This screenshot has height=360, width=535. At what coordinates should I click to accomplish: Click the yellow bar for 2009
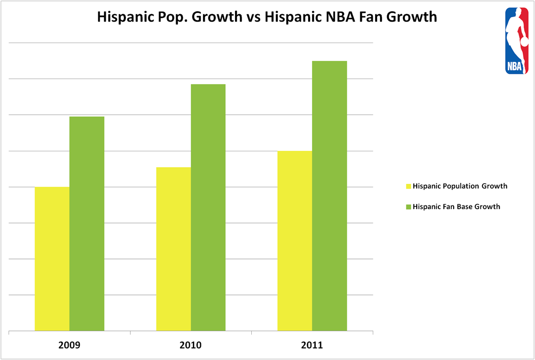tap(52, 259)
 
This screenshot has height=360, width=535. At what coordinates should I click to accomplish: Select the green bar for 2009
tap(87, 224)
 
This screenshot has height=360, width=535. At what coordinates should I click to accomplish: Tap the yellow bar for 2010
tap(174, 249)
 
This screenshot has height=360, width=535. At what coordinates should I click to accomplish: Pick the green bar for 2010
tap(208, 207)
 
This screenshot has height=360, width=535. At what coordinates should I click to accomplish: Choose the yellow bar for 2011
tap(295, 241)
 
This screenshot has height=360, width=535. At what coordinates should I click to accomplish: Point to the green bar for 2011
tap(329, 196)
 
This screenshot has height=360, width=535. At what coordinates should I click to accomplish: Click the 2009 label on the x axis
tap(69, 345)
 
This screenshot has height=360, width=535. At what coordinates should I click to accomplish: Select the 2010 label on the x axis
tap(191, 345)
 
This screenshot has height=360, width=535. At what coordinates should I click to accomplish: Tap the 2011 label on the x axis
tap(312, 345)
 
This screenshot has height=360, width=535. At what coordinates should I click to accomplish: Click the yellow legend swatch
tap(408, 186)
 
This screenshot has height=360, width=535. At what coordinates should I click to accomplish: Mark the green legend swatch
tap(408, 207)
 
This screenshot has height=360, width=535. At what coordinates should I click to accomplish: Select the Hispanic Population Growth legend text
tap(460, 186)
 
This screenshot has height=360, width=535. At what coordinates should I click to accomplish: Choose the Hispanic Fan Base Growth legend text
tap(456, 207)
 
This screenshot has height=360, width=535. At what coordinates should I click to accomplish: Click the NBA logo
tap(517, 41)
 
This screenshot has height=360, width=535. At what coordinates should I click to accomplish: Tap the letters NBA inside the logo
tap(514, 66)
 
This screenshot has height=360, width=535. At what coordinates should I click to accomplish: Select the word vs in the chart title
tap(254, 17)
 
